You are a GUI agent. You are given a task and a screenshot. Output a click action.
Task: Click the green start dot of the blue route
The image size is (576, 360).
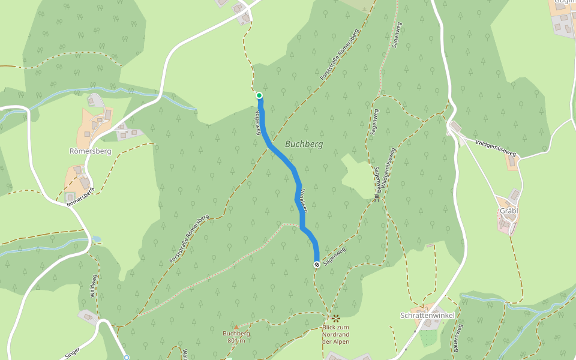259,95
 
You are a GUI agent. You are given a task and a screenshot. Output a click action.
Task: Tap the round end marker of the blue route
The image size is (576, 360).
317,264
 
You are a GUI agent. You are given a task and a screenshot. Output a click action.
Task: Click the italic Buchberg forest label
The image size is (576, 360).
304,145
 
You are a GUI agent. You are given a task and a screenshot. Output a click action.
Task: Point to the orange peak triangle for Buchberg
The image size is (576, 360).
236,327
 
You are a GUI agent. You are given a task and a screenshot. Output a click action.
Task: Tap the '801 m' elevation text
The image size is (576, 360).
236,341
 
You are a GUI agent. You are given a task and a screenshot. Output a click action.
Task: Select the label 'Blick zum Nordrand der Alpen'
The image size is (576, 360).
335,334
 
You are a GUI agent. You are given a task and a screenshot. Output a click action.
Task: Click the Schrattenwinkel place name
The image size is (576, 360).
427,316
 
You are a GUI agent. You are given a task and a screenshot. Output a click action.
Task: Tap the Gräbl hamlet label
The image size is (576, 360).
509,211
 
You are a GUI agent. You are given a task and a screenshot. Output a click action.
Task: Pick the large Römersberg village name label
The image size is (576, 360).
90,151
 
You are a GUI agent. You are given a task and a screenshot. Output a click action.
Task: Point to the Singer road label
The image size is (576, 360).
70,352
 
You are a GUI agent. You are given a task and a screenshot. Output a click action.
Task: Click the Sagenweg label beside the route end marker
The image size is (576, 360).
335,257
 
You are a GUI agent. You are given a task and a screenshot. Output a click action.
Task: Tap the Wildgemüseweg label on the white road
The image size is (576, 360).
496,148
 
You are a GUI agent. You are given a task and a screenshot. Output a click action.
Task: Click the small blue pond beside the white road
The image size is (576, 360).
96,239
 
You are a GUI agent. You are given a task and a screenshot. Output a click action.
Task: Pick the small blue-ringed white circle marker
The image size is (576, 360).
127,358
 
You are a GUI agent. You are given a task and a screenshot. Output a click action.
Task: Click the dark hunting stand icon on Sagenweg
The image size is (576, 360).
377,197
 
